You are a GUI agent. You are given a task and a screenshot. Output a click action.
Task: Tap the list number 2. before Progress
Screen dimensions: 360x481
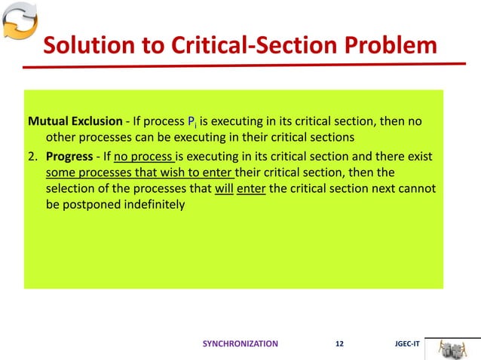coord(34,156)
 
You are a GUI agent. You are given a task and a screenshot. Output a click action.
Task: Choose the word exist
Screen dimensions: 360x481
coord(421,156)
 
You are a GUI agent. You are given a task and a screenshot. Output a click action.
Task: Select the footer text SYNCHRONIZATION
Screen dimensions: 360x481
coord(240,343)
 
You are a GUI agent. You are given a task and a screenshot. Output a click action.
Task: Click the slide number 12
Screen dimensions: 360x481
coord(339,343)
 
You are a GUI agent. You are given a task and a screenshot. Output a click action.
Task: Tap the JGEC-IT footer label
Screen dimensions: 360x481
coord(406,343)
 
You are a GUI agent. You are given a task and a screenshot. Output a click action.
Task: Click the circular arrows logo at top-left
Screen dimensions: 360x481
coord(18,22)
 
